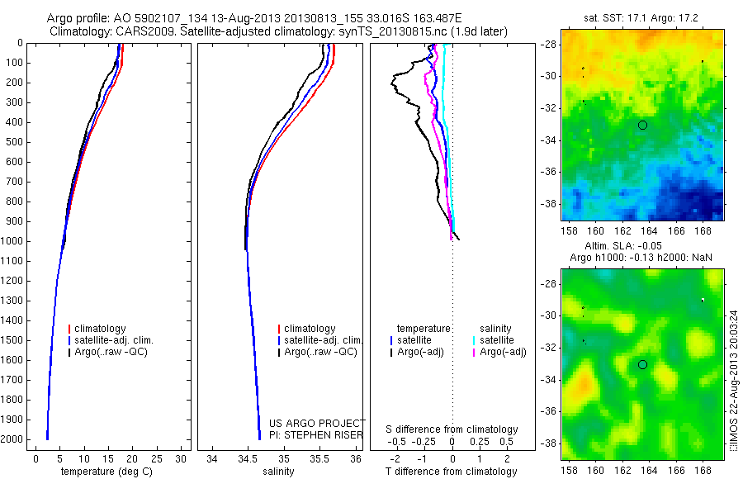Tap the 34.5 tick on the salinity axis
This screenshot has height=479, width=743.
[248, 458]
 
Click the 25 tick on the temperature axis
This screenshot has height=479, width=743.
[157, 458]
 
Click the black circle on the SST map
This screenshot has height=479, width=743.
[642, 125]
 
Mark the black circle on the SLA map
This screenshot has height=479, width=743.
[642, 364]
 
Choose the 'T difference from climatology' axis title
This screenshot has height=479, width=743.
[452, 472]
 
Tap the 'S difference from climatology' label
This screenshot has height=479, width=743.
[452, 429]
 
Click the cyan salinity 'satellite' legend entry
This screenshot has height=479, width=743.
[497, 340]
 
